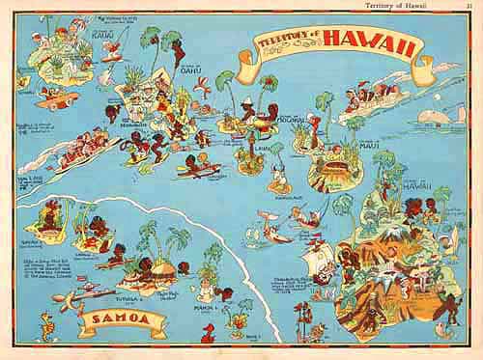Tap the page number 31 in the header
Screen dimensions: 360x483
click(471, 7)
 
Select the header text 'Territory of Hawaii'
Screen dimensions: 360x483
click(412, 7)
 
